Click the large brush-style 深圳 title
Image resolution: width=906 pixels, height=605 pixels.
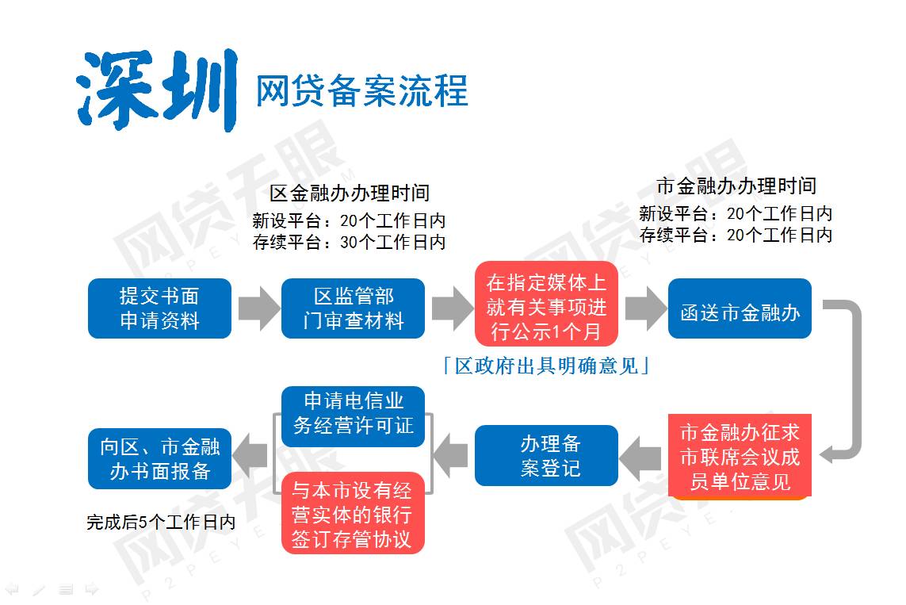point(157,90)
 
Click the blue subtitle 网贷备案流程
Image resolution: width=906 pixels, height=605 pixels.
point(361,91)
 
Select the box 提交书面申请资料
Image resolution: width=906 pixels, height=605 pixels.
point(159,308)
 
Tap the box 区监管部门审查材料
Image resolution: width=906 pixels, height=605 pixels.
point(353,308)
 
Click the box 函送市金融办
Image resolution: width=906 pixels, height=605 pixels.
point(740,308)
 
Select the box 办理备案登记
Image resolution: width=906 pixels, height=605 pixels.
point(547,455)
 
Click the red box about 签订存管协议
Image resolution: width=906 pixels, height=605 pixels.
point(353,513)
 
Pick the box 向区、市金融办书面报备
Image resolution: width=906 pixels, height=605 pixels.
point(159,459)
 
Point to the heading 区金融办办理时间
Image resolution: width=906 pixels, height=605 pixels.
point(350,193)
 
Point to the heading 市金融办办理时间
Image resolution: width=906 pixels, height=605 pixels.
point(736,186)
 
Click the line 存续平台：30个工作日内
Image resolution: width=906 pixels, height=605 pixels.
point(349,242)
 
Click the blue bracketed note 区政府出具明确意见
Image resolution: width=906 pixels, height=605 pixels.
point(547,366)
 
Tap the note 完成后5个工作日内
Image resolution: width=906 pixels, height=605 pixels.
point(161,523)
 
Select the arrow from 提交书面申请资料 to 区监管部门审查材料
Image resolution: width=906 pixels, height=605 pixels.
point(259,308)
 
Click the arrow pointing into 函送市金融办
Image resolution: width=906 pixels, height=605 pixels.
point(645,308)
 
